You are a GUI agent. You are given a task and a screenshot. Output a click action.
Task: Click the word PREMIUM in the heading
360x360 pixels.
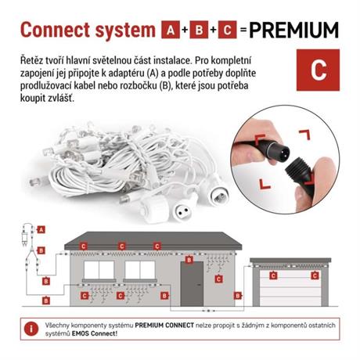tap(294, 30)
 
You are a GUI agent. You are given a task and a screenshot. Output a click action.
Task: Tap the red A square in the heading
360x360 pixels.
tap(171, 30)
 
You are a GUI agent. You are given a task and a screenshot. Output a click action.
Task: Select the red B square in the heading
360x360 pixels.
tap(199, 30)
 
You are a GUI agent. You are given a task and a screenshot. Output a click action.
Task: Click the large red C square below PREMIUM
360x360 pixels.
tap(318, 70)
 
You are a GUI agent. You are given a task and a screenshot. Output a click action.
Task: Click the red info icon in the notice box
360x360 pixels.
tap(31, 329)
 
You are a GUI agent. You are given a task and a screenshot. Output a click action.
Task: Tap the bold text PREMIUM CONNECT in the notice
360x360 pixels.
tap(164, 326)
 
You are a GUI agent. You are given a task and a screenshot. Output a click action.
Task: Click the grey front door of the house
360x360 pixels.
tap(192, 284)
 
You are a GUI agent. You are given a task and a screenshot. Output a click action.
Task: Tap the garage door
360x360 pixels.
tap(290, 288)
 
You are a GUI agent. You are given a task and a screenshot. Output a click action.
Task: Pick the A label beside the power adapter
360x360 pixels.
tap(41, 229)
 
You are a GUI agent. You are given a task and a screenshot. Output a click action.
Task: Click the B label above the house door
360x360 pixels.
tap(189, 260)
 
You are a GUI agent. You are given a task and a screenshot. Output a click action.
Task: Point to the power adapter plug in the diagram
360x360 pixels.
tap(24, 239)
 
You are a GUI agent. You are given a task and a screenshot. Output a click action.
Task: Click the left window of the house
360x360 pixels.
tap(99, 270)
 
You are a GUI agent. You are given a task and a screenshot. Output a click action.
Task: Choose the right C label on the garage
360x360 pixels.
tap(315, 275)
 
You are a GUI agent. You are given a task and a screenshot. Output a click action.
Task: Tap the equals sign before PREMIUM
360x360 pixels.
tap(243, 30)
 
